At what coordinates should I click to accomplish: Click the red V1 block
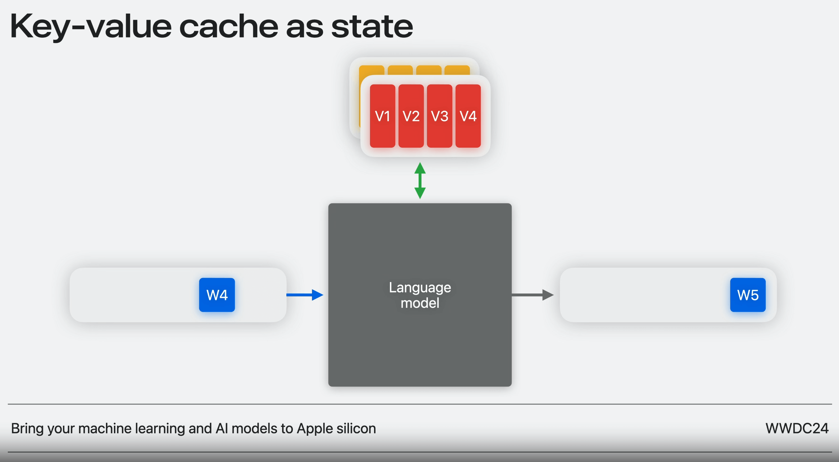(382, 116)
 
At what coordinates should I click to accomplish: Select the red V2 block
(411, 116)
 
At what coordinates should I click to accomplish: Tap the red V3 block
(439, 116)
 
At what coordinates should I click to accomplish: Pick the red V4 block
(468, 116)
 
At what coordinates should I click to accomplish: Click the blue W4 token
(217, 295)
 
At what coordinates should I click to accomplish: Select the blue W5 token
(748, 295)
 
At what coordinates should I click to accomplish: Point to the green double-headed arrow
(420, 181)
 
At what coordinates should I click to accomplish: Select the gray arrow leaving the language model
(532, 295)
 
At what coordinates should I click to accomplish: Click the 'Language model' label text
(420, 295)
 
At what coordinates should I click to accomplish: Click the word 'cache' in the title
(229, 27)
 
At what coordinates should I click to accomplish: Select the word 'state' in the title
(372, 27)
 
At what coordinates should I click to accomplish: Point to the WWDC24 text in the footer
(797, 428)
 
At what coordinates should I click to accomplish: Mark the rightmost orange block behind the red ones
(457, 70)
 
